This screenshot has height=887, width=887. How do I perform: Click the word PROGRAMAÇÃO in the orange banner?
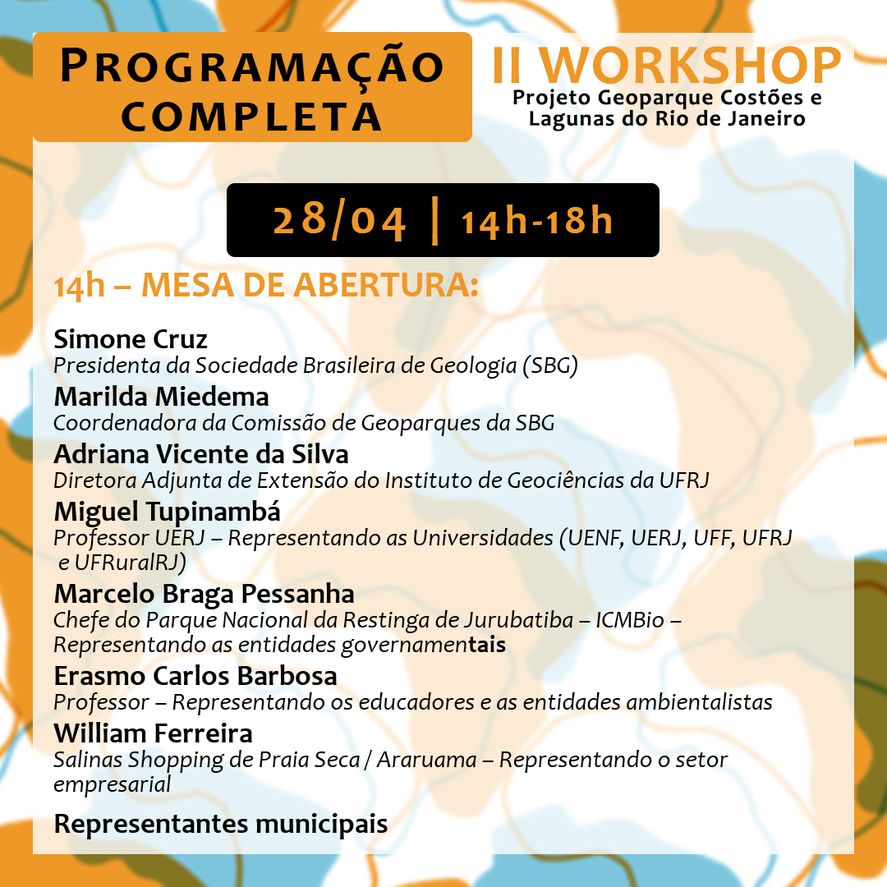coord(252,67)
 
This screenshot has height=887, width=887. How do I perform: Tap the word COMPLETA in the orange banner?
coord(252,117)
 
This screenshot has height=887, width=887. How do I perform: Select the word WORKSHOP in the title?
coord(690,66)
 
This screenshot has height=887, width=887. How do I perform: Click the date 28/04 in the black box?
coord(339,221)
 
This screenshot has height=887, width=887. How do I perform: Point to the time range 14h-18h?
coord(537,221)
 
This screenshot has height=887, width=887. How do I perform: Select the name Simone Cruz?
coord(131,339)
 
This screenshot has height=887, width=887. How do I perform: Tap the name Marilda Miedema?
coord(161,397)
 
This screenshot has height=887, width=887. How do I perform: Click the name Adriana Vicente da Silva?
coord(201,454)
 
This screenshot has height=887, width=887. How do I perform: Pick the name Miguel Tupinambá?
coord(168,512)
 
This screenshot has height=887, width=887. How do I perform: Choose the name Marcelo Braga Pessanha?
coord(205,595)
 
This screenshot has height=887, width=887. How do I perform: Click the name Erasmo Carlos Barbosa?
coord(195,676)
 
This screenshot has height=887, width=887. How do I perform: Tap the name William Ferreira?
coord(154,733)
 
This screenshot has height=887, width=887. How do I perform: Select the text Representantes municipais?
coord(221,825)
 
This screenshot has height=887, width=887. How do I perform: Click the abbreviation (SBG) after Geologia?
coord(550,366)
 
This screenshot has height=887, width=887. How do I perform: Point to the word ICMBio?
coord(630,621)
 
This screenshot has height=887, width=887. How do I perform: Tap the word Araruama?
coord(427,760)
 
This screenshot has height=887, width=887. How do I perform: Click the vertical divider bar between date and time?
coord(435,221)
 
